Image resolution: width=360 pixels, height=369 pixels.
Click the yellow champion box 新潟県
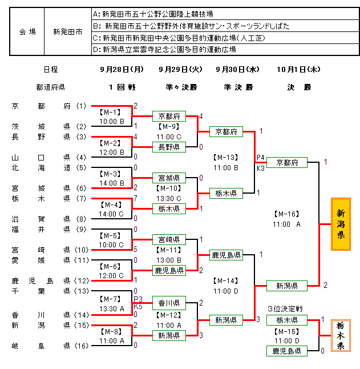(341, 224)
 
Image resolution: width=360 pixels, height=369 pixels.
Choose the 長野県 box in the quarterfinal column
(169, 147)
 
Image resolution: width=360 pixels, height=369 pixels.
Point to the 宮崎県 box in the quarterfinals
(169, 239)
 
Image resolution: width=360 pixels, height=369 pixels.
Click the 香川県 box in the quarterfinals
(169, 303)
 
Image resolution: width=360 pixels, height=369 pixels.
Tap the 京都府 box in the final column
(287, 162)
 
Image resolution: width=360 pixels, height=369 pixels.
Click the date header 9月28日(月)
(122, 69)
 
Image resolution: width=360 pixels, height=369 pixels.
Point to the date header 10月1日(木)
(298, 69)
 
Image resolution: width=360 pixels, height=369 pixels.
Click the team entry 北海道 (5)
(48, 168)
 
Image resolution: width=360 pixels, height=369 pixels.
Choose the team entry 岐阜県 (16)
(48, 346)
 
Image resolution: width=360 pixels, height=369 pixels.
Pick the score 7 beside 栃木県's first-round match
(135, 198)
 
